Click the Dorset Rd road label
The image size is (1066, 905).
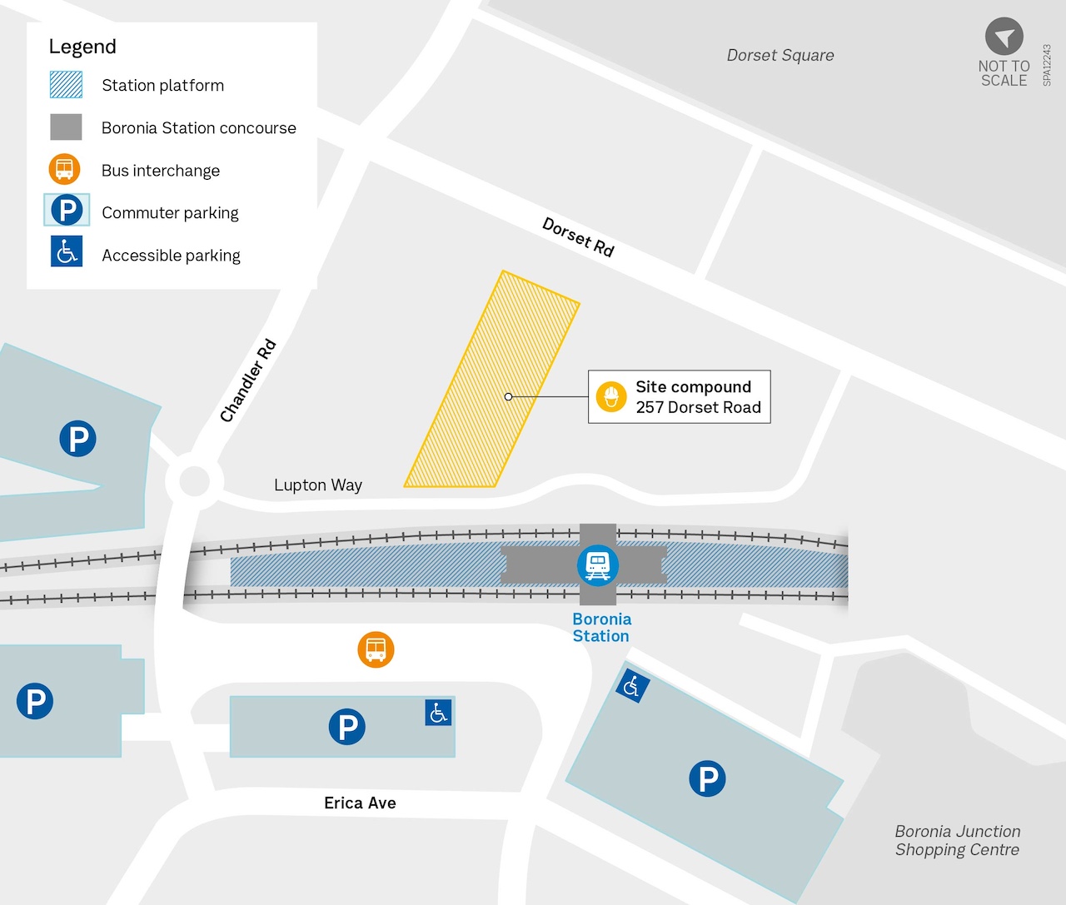(578, 237)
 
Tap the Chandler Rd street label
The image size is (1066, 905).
(247, 380)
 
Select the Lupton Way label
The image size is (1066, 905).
(318, 485)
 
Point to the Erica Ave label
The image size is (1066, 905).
(360, 803)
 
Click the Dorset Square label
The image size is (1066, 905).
(780, 56)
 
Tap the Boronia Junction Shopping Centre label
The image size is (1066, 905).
(957, 841)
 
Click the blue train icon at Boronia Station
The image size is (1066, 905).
(597, 565)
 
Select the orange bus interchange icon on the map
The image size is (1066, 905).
(376, 649)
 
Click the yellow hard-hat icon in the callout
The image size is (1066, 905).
(611, 397)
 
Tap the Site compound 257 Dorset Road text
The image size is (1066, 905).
(698, 397)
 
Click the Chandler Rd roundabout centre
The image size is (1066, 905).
(194, 480)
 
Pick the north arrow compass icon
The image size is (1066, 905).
(1004, 37)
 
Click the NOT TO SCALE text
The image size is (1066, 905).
(1004, 73)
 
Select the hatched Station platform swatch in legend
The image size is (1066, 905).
(66, 85)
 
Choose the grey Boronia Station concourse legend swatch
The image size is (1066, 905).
(66, 127)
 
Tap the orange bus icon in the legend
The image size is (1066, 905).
(65, 170)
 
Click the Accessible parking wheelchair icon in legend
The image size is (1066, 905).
(67, 251)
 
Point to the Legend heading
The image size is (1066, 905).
(82, 47)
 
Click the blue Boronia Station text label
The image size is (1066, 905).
(601, 628)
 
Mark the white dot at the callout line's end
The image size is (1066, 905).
(508, 397)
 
